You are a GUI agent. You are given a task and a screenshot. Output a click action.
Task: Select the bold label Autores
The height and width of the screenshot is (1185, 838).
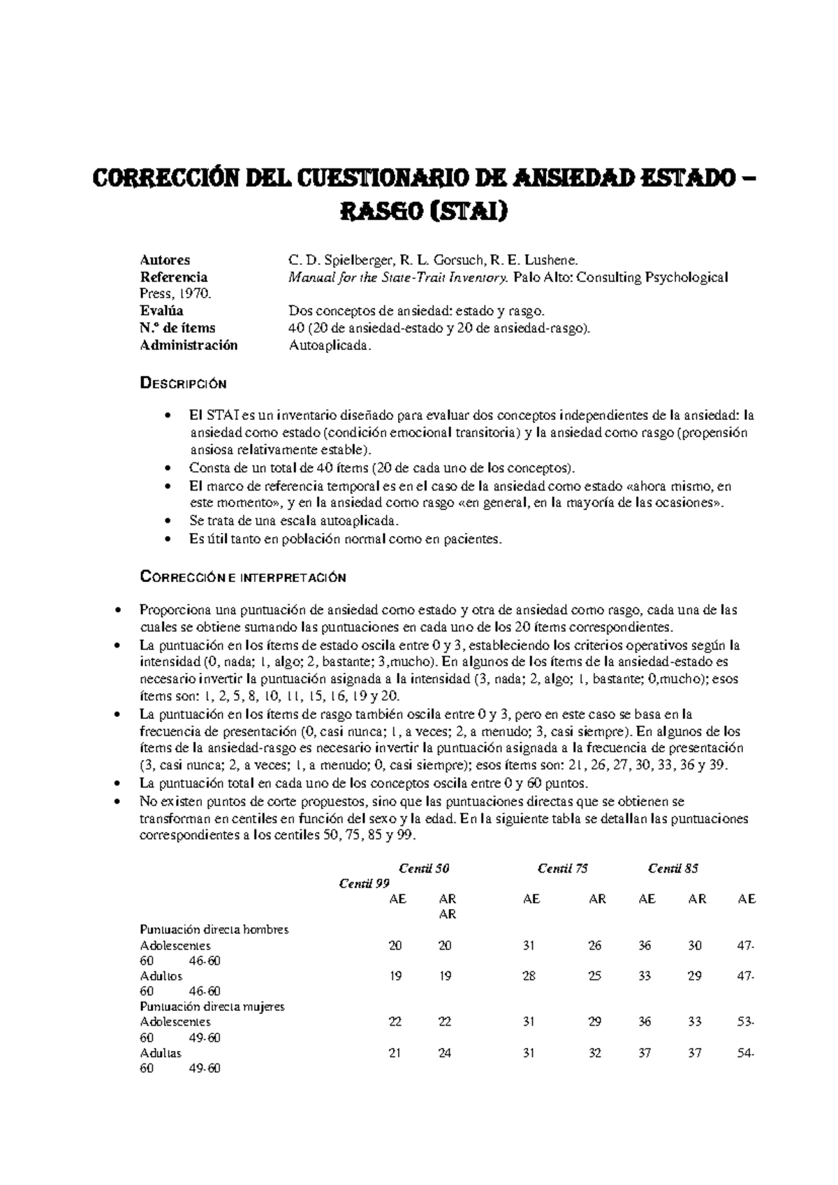(x=165, y=260)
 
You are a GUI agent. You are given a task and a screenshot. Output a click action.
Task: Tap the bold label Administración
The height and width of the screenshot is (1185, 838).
(x=189, y=344)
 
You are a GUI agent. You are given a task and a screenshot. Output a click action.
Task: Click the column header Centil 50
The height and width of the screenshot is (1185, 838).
(x=423, y=868)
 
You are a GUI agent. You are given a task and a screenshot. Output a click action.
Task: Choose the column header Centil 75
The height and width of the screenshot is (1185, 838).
(x=562, y=868)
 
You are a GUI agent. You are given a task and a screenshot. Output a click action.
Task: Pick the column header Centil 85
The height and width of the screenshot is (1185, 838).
(x=672, y=868)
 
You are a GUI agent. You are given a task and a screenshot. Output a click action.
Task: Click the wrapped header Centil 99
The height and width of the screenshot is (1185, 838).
(x=364, y=883)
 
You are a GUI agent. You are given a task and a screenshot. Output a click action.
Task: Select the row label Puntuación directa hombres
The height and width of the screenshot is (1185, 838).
(x=214, y=929)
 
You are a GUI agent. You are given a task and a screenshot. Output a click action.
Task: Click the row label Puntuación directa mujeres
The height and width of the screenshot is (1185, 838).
(x=212, y=1006)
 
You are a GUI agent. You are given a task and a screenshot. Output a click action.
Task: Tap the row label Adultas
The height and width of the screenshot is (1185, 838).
(x=161, y=1052)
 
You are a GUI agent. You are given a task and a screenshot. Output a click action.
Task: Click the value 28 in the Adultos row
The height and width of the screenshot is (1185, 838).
(x=529, y=976)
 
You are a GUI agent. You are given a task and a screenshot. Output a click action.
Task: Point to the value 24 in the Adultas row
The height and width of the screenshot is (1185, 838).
(x=445, y=1053)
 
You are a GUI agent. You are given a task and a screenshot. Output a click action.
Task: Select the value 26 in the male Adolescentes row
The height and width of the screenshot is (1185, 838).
(x=594, y=945)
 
